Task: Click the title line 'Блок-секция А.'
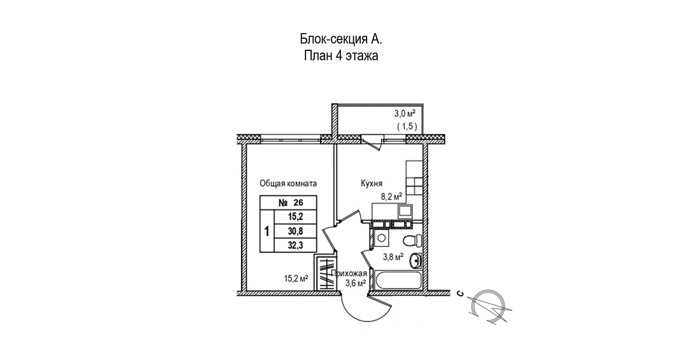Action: click(x=341, y=39)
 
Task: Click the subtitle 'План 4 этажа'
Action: click(x=341, y=56)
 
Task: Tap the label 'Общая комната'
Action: click(x=288, y=183)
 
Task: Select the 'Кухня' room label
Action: click(x=370, y=183)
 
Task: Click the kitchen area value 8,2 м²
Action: click(x=391, y=197)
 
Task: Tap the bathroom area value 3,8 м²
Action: click(x=392, y=258)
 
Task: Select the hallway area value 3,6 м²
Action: click(x=353, y=284)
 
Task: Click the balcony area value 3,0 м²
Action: click(x=405, y=114)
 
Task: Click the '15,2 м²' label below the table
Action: click(x=296, y=278)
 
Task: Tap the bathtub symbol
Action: click(x=397, y=280)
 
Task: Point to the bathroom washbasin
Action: click(x=415, y=260)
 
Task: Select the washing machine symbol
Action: click(x=381, y=237)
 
